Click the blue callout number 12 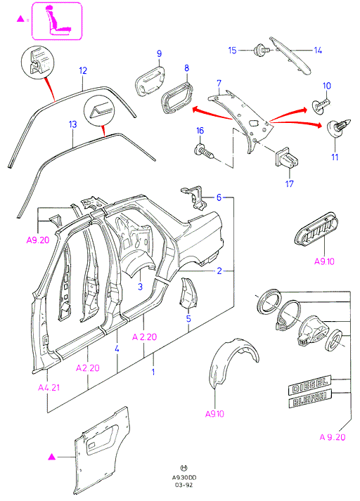[83, 70]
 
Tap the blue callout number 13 [73, 124]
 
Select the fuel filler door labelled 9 [150, 81]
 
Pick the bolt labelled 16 [204, 152]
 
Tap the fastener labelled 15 [259, 51]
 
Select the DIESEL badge [309, 384]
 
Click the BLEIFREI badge [310, 398]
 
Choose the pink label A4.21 [49, 388]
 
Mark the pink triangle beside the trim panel [51, 457]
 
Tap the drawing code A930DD [184, 478]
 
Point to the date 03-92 [184, 485]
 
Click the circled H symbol [184, 468]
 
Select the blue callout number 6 [219, 197]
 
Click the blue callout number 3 [140, 287]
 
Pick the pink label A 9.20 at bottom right [333, 437]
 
